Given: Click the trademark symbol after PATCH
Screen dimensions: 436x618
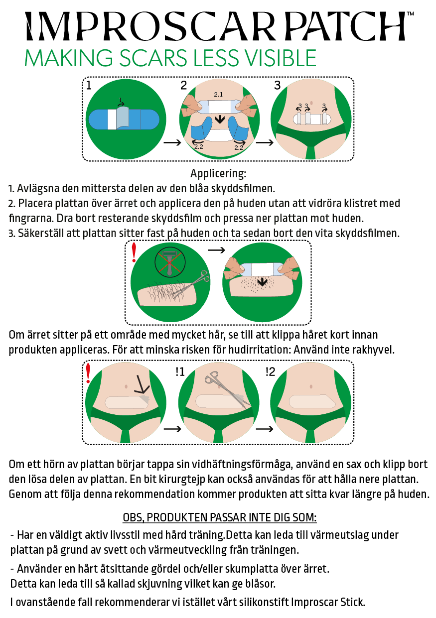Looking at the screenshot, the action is pyautogui.click(x=410, y=13).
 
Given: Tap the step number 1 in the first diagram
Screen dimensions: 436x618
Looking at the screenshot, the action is pyautogui.click(x=89, y=85).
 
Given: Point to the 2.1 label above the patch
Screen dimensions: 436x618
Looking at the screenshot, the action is pyautogui.click(x=218, y=94).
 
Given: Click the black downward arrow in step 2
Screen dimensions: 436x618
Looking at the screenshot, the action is pyautogui.click(x=220, y=119).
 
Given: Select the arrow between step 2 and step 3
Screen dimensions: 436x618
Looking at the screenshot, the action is pyautogui.click(x=265, y=142).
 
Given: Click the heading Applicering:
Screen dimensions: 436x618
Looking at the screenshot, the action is pyautogui.click(x=218, y=173).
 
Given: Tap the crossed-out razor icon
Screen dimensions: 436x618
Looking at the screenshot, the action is pyautogui.click(x=170, y=262).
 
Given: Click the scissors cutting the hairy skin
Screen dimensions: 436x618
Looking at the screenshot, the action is pyautogui.click(x=190, y=284).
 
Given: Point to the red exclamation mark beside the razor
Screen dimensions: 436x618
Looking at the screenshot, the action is pyautogui.click(x=134, y=252).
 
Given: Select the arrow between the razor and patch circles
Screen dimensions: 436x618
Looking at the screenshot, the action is pyautogui.click(x=216, y=250).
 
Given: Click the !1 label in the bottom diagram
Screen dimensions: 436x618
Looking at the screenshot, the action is pyautogui.click(x=180, y=372).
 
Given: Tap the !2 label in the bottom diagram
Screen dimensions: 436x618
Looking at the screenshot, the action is pyautogui.click(x=271, y=372).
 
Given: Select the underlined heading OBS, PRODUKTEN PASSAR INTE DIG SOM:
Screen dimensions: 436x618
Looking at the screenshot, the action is pyautogui.click(x=220, y=517).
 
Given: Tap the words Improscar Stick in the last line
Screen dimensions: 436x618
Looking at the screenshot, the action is pyautogui.click(x=328, y=602).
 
